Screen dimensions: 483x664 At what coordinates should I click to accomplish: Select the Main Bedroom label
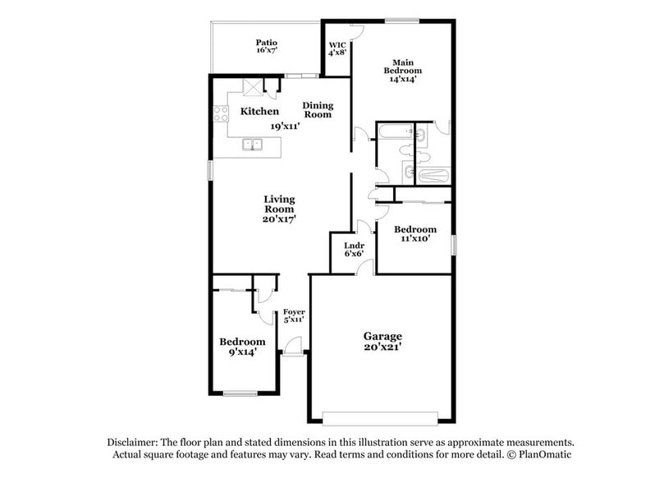coord(401,71)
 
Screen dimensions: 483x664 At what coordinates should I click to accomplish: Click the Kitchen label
coord(259,111)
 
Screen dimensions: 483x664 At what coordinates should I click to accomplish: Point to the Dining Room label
coord(318,109)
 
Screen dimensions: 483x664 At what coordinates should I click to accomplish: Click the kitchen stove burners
coord(220,116)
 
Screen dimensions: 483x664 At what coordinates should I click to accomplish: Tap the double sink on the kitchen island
coord(253,145)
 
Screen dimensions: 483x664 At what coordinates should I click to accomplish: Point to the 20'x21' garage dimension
coord(383,347)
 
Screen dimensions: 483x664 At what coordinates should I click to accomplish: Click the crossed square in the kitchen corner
coord(252,87)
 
